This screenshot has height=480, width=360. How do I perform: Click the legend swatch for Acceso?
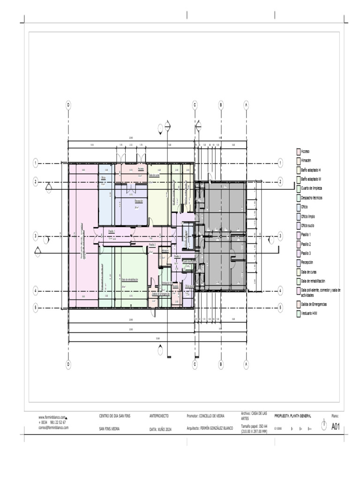298,151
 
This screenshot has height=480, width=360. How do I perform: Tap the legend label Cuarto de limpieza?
311,188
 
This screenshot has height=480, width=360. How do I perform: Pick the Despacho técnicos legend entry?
311,198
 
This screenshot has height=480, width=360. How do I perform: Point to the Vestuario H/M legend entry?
309,313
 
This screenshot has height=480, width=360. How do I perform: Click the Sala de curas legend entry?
309,271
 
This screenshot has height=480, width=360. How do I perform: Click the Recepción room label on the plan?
138,201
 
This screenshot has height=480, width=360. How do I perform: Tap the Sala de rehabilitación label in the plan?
130,279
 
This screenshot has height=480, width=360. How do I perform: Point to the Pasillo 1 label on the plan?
112,231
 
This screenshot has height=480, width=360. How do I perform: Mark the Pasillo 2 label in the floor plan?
152,245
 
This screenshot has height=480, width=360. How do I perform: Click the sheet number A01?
336,426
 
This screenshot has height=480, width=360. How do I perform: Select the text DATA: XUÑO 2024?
160,429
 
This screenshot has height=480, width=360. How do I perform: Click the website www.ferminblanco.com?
52,417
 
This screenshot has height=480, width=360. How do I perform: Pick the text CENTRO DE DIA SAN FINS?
114,416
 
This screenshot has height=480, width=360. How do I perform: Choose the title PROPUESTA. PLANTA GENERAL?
292,416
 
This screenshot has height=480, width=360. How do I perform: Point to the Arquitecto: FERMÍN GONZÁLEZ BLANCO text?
210,428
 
